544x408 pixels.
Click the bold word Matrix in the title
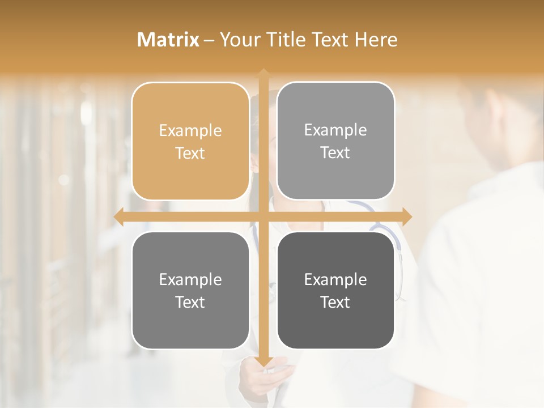168,40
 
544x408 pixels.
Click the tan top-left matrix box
190,142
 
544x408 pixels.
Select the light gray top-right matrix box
335,141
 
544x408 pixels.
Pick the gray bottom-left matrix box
190,291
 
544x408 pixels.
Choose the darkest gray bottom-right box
335,290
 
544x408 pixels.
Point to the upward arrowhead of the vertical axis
263,74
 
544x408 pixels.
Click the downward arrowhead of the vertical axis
263,361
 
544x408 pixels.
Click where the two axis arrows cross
263,216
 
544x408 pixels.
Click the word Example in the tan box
190,131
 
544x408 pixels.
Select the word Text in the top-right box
335,152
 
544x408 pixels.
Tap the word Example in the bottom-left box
190,280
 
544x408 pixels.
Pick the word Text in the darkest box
335,302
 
